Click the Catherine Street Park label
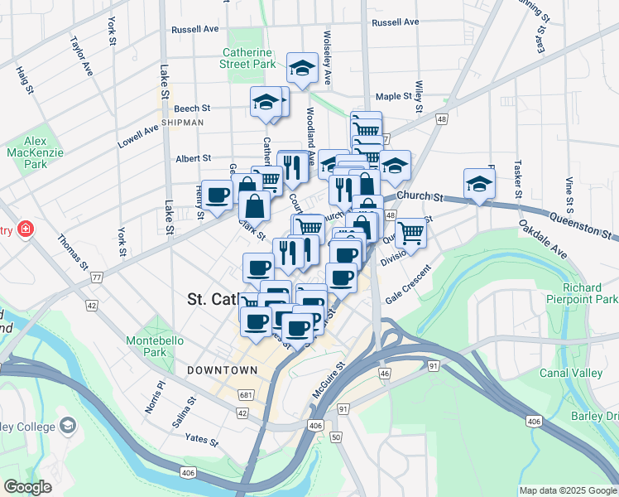248,57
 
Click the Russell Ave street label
194,29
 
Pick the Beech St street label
192,109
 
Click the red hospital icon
26,228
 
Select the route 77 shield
97,276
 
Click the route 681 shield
244,394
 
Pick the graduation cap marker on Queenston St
478,185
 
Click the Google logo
28,487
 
